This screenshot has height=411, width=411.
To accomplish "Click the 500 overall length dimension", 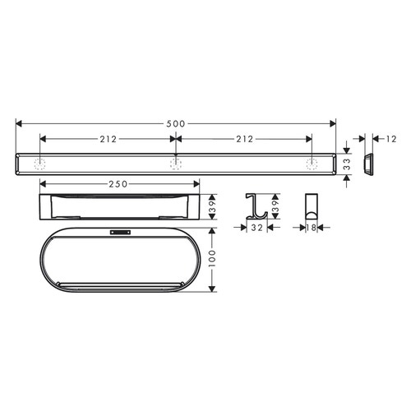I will tap(175, 123).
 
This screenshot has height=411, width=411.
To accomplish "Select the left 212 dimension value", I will tap(107, 139).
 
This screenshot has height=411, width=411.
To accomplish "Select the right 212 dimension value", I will tap(243, 139).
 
